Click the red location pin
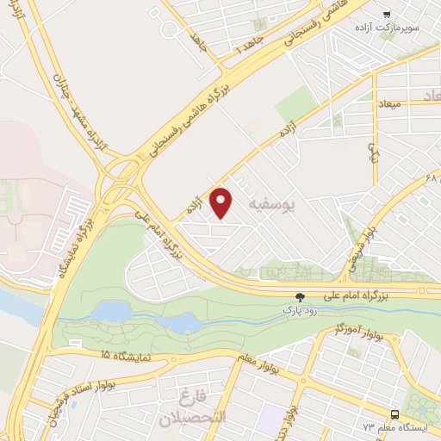(222, 202)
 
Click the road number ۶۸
(432, 178)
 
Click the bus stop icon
(394, 414)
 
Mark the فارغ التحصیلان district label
(184, 409)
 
